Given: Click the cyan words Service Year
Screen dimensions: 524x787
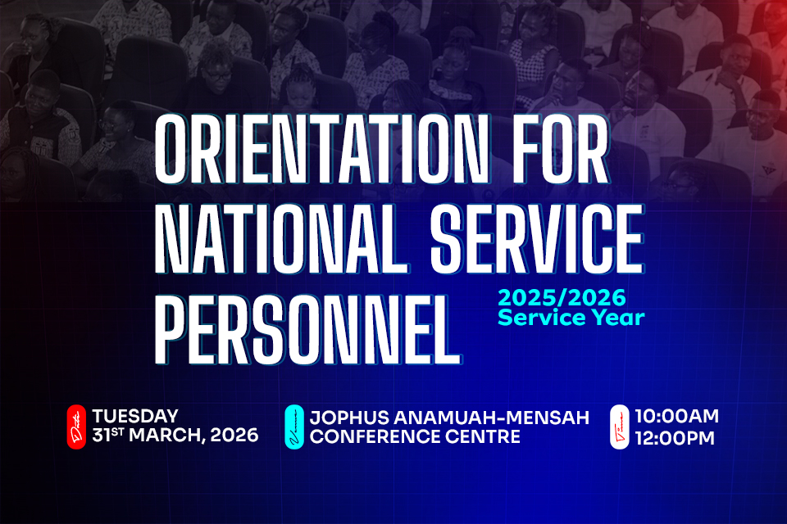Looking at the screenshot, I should point(571,317).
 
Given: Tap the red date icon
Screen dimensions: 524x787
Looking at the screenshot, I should point(76,427).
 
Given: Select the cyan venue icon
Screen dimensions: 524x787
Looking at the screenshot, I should point(294,427).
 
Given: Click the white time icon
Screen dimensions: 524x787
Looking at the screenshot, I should point(620,427).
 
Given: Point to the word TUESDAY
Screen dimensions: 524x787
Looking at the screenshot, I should point(135,417).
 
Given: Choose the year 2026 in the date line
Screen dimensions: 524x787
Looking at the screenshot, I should point(233,436).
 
